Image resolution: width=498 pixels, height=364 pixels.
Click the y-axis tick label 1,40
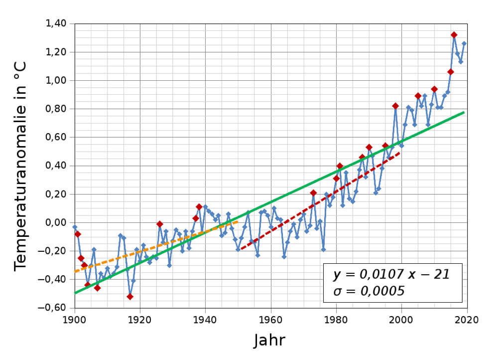point(56,23)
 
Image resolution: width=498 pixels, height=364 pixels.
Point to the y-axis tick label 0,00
point(56,222)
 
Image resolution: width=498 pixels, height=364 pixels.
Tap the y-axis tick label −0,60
point(53,308)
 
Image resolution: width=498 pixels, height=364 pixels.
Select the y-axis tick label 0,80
point(56,109)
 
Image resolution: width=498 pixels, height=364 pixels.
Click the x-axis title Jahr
point(269,340)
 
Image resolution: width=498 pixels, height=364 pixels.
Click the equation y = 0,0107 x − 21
point(391,274)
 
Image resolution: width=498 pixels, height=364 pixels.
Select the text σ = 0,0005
point(369,291)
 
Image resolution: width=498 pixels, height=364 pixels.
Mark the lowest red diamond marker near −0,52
point(130,297)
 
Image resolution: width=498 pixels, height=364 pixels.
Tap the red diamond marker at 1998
point(395,106)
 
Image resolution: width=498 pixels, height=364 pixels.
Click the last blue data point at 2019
point(464,43)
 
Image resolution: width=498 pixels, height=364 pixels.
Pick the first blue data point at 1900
point(75,227)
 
